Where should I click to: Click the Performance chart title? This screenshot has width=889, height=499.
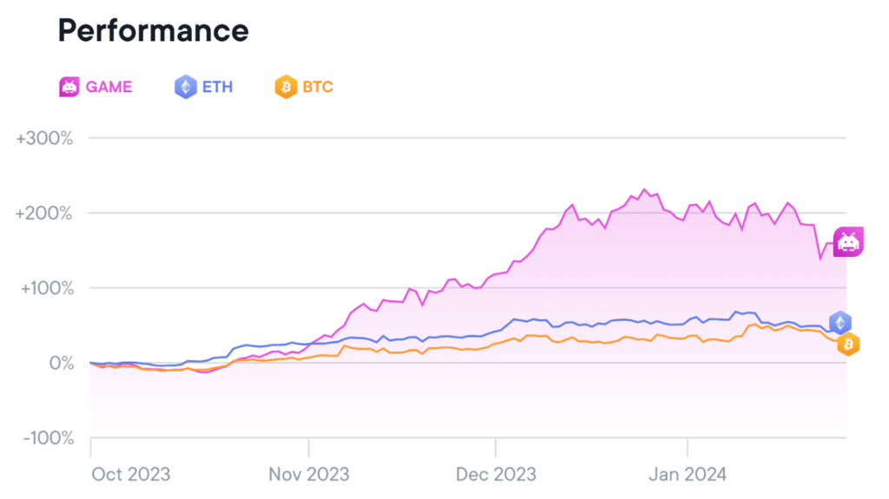153,31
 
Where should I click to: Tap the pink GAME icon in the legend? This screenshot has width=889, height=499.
69,87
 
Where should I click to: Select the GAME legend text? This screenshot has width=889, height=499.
109,87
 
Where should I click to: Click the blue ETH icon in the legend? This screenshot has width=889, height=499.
185,87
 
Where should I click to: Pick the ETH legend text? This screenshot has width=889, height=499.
217,87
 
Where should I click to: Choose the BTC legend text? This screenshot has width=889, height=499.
318,87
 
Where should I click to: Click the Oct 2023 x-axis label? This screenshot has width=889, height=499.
131,474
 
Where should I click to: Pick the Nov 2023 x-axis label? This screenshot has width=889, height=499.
308,474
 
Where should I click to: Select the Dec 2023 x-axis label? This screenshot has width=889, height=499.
495,474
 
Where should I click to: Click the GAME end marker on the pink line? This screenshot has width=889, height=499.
847,242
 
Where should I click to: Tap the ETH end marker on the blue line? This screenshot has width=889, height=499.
840,323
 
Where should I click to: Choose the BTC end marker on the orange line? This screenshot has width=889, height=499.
848,345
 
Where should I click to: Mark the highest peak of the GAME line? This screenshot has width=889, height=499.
644,189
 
